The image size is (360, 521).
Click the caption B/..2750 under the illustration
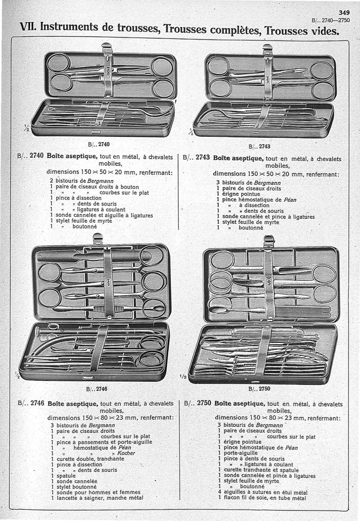click(x=259, y=389)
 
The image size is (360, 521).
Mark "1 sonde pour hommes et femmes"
click(x=95, y=492)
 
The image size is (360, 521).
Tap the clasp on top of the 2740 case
click(x=107, y=46)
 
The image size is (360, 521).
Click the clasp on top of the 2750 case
click(x=269, y=241)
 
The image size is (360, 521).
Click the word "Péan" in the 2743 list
click(x=290, y=200)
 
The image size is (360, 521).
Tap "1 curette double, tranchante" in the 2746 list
click(x=88, y=458)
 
